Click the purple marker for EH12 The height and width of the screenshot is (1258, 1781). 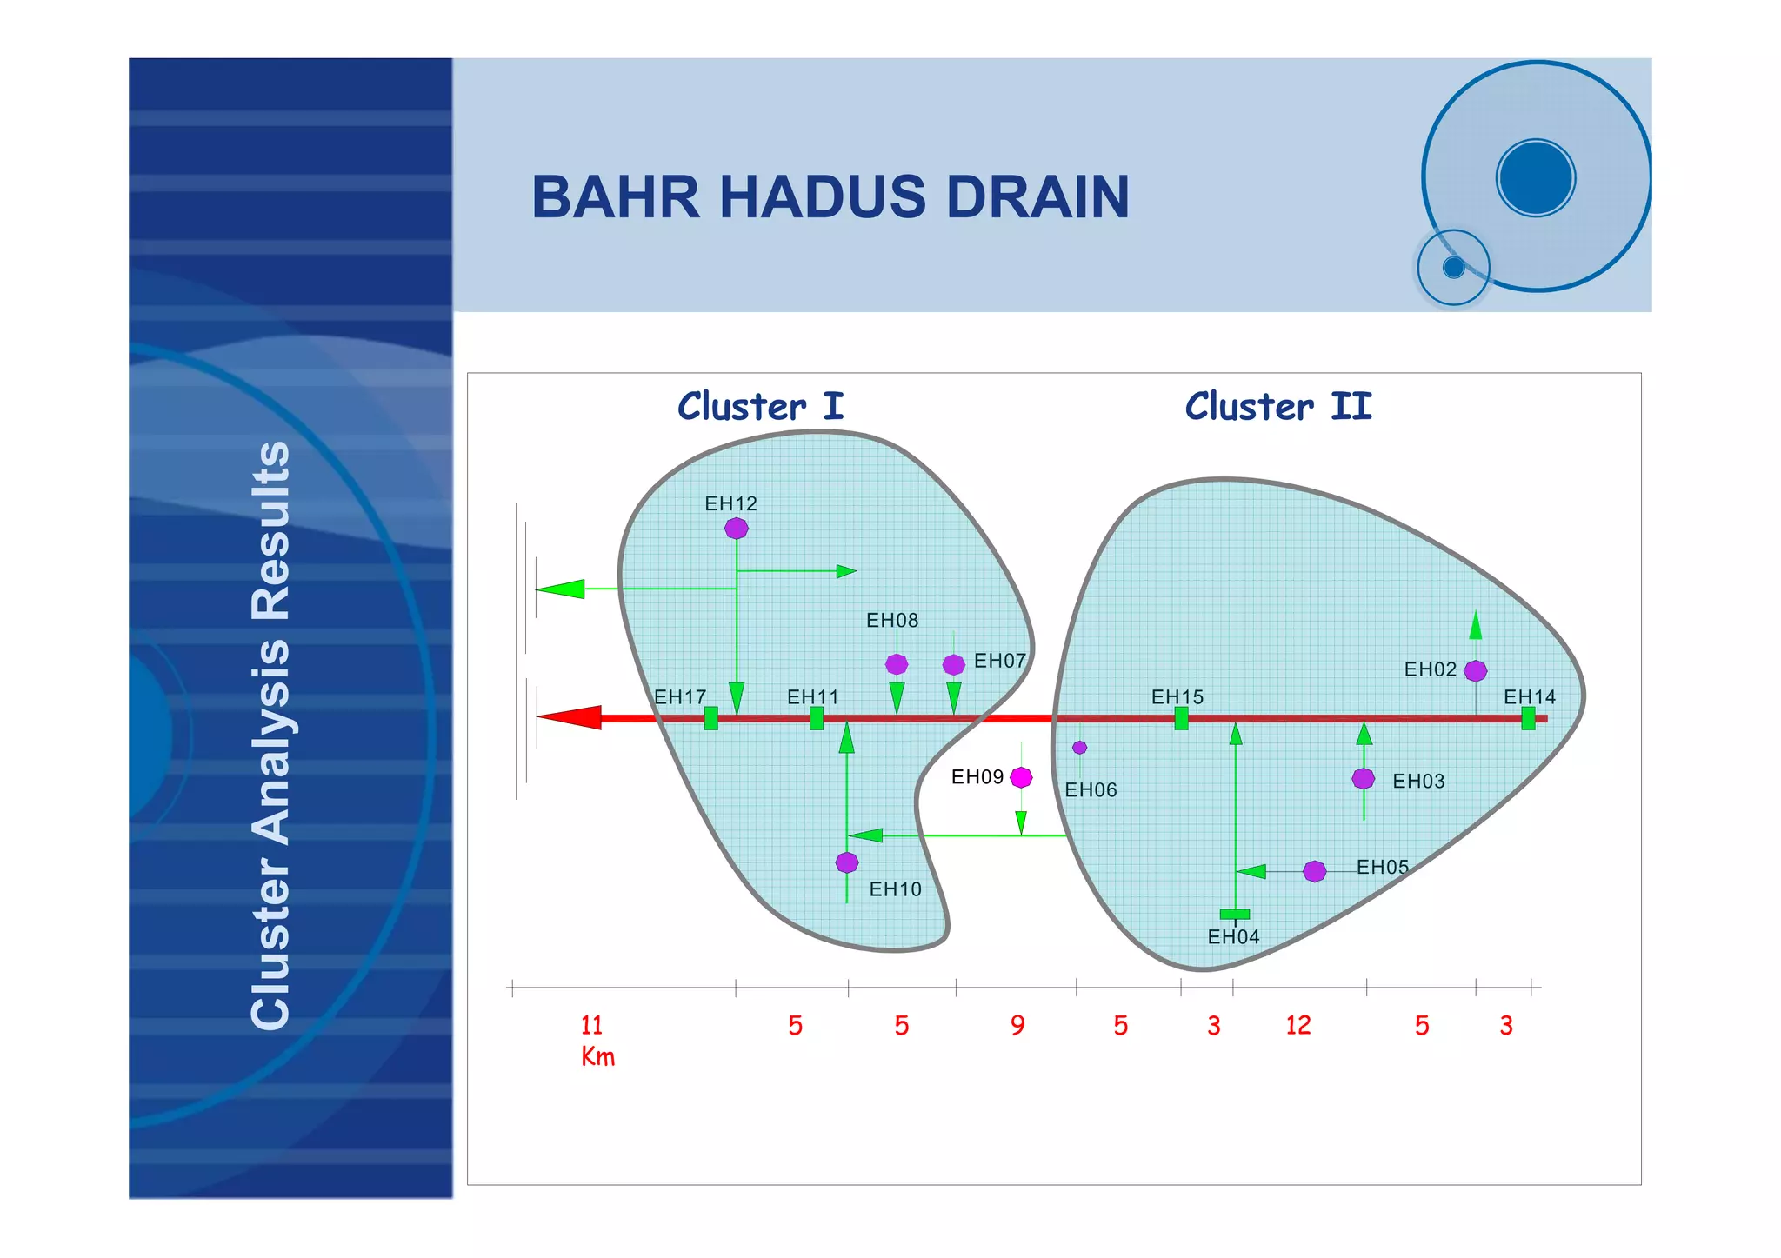click(737, 528)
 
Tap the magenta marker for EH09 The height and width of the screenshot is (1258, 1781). click(1022, 777)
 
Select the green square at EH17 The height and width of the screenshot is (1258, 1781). click(711, 718)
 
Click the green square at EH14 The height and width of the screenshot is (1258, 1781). click(1528, 718)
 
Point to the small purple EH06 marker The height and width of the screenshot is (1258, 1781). click(1079, 748)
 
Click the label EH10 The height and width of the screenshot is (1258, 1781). click(895, 889)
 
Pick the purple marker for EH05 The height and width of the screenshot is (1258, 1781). click(1315, 871)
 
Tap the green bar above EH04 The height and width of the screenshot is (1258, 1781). click(1234, 914)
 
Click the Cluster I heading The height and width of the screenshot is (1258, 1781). click(760, 407)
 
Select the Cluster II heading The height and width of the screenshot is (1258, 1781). click(1277, 407)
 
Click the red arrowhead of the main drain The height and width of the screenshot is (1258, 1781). click(570, 717)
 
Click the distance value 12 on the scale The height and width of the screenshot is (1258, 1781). click(1297, 1026)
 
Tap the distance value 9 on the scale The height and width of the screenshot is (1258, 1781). click(1017, 1026)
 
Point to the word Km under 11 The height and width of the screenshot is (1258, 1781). click(597, 1057)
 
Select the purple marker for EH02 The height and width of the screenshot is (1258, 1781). click(1476, 671)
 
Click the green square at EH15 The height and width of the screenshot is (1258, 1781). click(1181, 718)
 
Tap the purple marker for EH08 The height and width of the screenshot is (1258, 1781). click(897, 664)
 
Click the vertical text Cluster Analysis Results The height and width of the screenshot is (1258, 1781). click(270, 735)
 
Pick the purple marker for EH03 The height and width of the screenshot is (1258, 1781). click(1364, 778)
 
